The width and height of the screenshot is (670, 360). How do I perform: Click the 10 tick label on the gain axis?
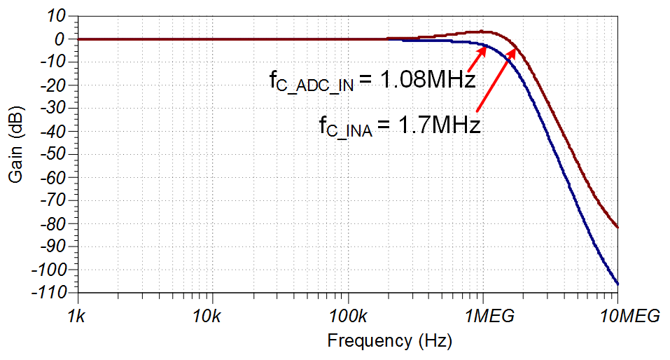pos(56,16)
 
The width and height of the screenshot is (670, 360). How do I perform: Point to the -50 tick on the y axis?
pos(53,154)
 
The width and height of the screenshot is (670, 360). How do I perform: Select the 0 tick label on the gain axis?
pos(60,39)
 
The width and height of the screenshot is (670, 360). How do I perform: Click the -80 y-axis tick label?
pos(53,223)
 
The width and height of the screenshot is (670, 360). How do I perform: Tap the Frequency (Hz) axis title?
pos(389,341)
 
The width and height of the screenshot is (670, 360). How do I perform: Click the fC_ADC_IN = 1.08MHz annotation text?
pos(372,80)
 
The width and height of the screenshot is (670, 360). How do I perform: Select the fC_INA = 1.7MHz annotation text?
pos(399,126)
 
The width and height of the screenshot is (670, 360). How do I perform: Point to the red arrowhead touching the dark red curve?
pos(513,50)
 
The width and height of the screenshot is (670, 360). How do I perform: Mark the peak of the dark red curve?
pos(486,32)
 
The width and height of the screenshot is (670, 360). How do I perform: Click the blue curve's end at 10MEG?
pos(618,284)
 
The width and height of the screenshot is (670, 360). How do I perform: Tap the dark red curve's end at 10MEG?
pos(618,227)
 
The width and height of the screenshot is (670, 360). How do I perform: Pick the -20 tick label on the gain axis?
pos(53,85)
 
